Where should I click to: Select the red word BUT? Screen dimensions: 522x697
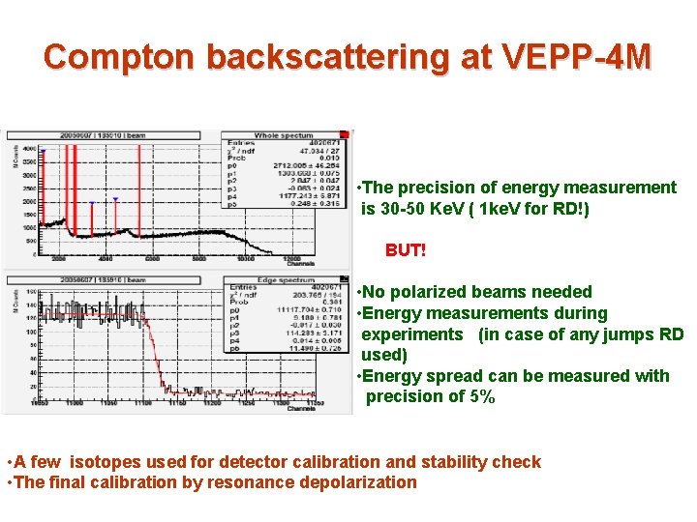point(406,250)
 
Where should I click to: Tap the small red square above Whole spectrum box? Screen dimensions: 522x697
point(352,132)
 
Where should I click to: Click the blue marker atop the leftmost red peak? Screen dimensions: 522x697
point(42,151)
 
